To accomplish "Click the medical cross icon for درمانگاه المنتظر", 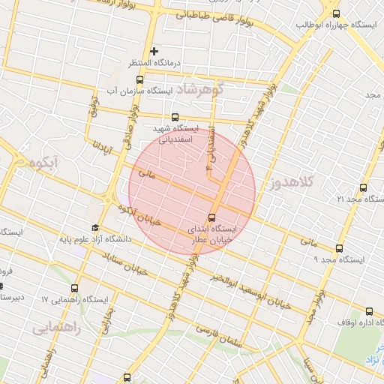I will (x=154, y=51).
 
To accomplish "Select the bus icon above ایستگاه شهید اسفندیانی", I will (x=175, y=117).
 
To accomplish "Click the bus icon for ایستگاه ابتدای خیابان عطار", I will (x=211, y=217).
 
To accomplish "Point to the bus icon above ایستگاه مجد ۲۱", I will (x=363, y=187).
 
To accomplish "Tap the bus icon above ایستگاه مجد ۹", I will (x=339, y=248).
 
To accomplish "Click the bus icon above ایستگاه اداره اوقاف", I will (x=367, y=310).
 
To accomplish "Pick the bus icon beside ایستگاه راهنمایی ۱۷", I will (x=74, y=288).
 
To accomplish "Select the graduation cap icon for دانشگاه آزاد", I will (x=95, y=228).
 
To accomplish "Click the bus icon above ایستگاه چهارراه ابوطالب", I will (x=335, y=13).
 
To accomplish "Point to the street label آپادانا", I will (x=100, y=156).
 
